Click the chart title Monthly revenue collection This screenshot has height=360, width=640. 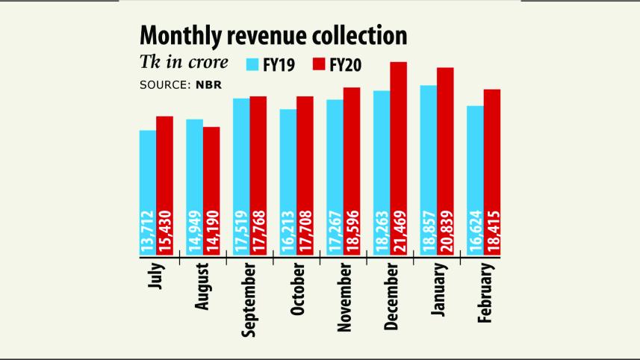pyautogui.click(x=273, y=35)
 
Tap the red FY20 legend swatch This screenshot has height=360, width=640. pyautogui.click(x=320, y=65)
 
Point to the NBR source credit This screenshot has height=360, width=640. pyautogui.click(x=209, y=85)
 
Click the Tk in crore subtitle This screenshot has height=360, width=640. pyautogui.click(x=184, y=63)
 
